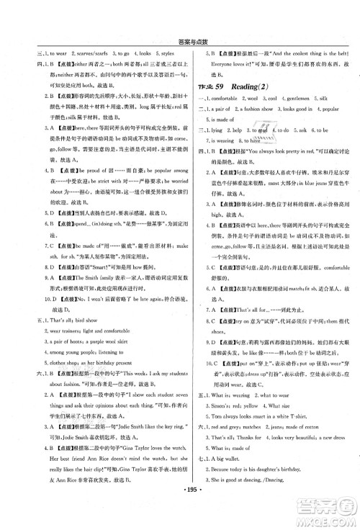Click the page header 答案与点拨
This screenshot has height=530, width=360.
pos(181,22)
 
